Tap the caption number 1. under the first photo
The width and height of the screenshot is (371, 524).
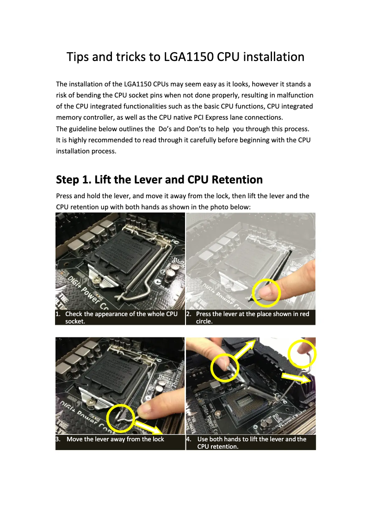[58, 314]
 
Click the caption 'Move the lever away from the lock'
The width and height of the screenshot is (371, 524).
[115, 439]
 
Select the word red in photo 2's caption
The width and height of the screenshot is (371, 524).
[304, 314]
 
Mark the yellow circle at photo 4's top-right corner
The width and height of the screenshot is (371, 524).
[302, 354]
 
